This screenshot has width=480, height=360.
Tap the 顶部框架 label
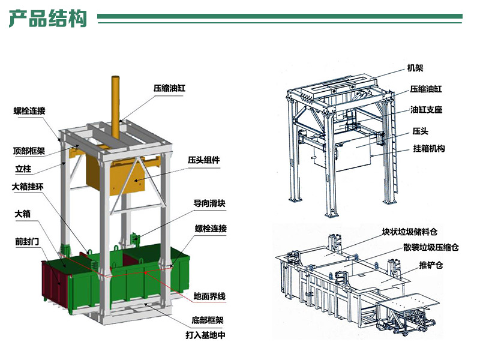coord(28,151)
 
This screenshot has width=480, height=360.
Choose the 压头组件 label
coord(204,160)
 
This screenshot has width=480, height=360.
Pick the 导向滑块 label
coord(209,203)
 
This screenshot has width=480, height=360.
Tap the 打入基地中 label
coord(205,335)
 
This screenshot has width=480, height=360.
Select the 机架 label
coord(415,68)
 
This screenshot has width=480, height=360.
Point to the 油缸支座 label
coord(426,110)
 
